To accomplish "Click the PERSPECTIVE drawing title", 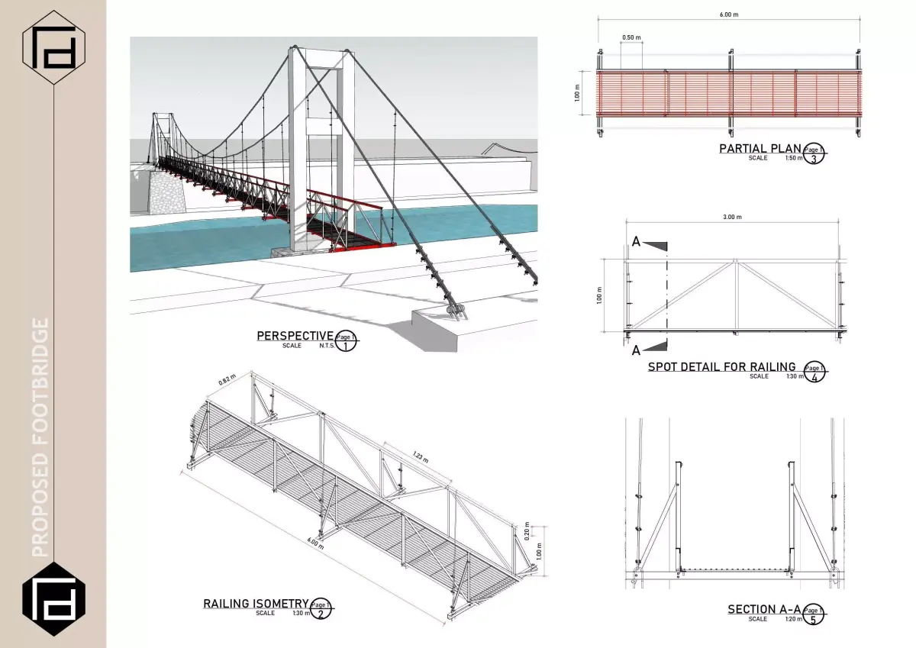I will pyautogui.click(x=295, y=335).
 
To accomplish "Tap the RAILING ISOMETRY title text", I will pyautogui.click(x=256, y=603).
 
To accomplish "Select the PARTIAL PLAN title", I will pyautogui.click(x=760, y=148).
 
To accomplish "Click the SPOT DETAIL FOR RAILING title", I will pyautogui.click(x=721, y=366).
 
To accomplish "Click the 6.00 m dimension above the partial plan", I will pyautogui.click(x=730, y=14).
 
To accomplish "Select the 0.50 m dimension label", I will pyautogui.click(x=631, y=37).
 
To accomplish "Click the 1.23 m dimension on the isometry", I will pyautogui.click(x=419, y=456).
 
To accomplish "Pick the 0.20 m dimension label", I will pyautogui.click(x=527, y=532).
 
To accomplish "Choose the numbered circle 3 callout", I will pyautogui.click(x=814, y=158).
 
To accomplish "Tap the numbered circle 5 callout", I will pyautogui.click(x=814, y=618).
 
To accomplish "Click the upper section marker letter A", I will pyautogui.click(x=636, y=242).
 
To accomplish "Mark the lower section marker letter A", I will pyautogui.click(x=636, y=350).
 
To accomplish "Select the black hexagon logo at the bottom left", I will pyautogui.click(x=53, y=598).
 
